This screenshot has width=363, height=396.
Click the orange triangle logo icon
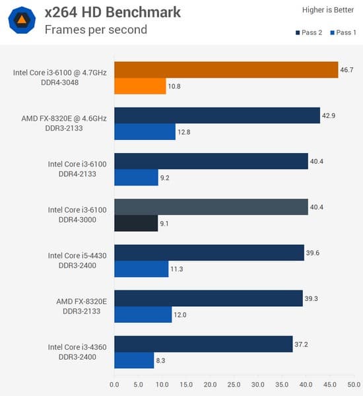pos(22,20)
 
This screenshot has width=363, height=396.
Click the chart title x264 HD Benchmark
pos(112,13)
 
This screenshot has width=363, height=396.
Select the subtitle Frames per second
pos(96,30)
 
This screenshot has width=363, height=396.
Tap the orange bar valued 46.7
pos(226,69)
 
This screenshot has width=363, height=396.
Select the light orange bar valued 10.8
pos(140,86)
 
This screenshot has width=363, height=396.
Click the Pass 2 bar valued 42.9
pos(216,115)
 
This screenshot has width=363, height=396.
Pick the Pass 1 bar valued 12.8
pos(145,131)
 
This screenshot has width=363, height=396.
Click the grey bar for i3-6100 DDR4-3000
pos(211,207)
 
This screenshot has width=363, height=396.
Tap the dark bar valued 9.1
pos(136,223)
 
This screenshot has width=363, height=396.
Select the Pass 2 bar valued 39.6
pos(209,252)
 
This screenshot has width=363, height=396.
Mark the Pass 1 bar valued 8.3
pos(134,360)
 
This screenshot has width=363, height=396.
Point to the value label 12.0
pos(180,315)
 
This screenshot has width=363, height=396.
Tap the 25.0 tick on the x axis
pos(234,383)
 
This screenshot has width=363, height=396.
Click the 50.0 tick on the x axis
pos(354,383)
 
